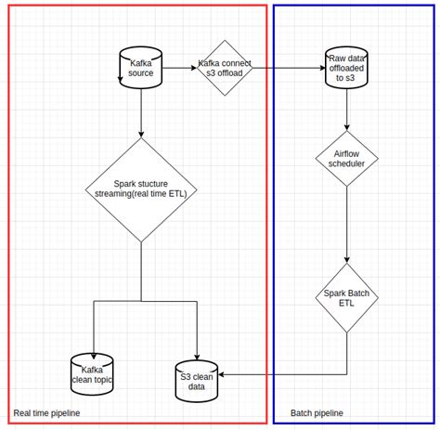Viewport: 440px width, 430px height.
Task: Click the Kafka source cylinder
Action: pyautogui.click(x=140, y=69)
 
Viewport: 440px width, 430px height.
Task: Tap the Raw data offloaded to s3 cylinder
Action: pyautogui.click(x=347, y=69)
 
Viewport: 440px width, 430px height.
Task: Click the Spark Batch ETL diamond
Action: pyautogui.click(x=347, y=300)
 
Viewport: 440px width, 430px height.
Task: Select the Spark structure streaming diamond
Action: pyautogui.click(x=141, y=190)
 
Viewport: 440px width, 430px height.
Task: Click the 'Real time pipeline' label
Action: pyautogui.click(x=46, y=412)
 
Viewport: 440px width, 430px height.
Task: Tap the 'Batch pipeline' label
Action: pyautogui.click(x=317, y=412)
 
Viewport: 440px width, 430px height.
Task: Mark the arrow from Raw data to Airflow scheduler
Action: pyautogui.click(x=347, y=110)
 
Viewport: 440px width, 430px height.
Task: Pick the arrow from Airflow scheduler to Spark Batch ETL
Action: pyautogui.click(x=347, y=223)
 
